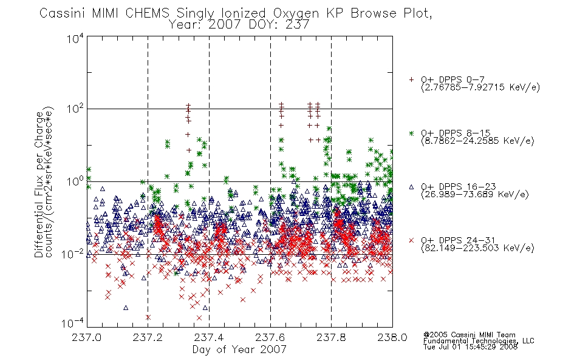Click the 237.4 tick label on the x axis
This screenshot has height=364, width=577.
coord(209,337)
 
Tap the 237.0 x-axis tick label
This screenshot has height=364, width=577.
coord(86,337)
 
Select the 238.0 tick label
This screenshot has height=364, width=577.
coord(392,337)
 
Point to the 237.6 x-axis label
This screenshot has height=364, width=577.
coord(270,337)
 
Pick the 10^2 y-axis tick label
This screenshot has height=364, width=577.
coord(75,109)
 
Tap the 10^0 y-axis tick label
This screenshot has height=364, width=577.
coord(75,181)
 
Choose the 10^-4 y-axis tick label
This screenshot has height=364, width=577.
coord(73,323)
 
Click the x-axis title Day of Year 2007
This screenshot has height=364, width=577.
coord(239,349)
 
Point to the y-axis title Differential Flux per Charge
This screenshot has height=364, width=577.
coord(39,182)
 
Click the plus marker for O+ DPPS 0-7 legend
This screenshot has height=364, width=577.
coord(411,79)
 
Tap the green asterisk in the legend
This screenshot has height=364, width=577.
coord(411,133)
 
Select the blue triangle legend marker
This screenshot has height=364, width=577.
coord(411,187)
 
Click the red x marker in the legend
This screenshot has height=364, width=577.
coord(411,240)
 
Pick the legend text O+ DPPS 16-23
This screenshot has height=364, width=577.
coord(459,186)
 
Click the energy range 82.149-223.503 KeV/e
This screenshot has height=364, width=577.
coord(477,248)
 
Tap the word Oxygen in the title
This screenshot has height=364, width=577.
coord(296,13)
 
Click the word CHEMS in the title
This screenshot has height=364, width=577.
coord(148,13)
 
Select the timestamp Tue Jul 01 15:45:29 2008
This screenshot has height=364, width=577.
coord(470,347)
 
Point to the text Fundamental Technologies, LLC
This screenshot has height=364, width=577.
coord(479,341)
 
